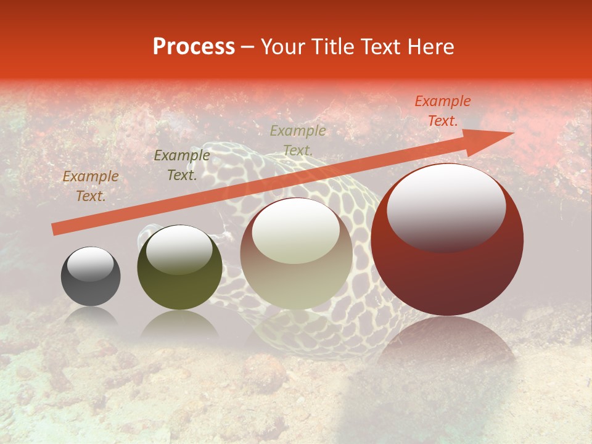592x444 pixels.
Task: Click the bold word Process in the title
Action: (194, 47)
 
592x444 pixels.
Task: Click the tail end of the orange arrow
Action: (55, 229)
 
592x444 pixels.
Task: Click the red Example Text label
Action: (442, 111)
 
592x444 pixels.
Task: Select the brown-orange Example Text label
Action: (90, 186)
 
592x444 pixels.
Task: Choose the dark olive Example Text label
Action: (181, 165)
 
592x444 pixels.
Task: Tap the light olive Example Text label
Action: (298, 140)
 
